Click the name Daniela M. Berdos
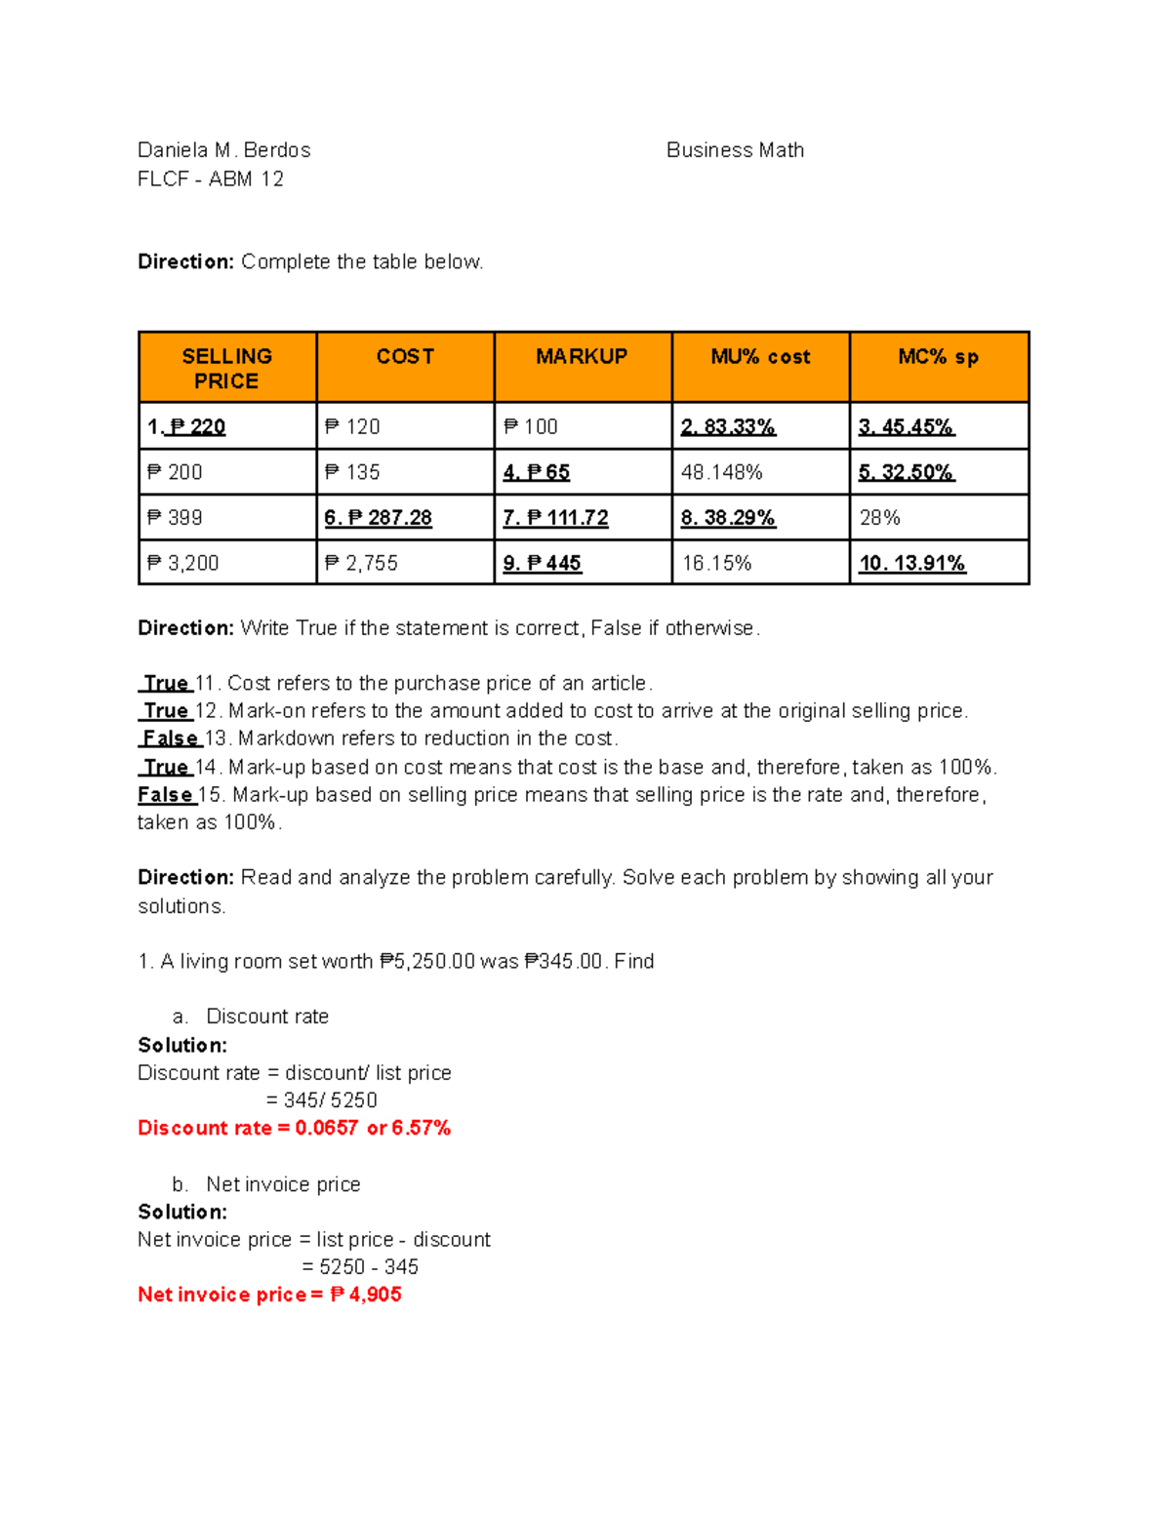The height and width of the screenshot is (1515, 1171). [223, 150]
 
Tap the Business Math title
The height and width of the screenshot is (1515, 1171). [735, 150]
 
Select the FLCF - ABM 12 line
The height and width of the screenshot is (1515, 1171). [211, 179]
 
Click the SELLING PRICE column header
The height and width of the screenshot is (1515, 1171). [226, 369]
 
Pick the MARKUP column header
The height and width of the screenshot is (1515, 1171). [582, 357]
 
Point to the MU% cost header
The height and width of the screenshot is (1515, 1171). [760, 357]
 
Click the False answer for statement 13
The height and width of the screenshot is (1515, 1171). [170, 738]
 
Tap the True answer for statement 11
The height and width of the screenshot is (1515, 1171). [165, 683]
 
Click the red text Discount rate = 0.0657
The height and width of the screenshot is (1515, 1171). [294, 1129]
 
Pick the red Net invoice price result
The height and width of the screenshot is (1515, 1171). [269, 1295]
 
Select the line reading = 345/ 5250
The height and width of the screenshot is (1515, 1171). [321, 1100]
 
